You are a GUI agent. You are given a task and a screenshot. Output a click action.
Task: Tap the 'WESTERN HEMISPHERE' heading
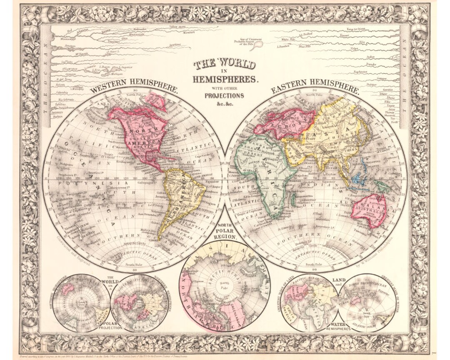[135, 88]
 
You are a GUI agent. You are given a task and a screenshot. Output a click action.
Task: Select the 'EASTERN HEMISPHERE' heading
[315, 88]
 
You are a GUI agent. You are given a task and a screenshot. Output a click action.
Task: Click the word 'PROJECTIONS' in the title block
[224, 95]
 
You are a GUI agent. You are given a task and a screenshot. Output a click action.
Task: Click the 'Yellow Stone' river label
[177, 26]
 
